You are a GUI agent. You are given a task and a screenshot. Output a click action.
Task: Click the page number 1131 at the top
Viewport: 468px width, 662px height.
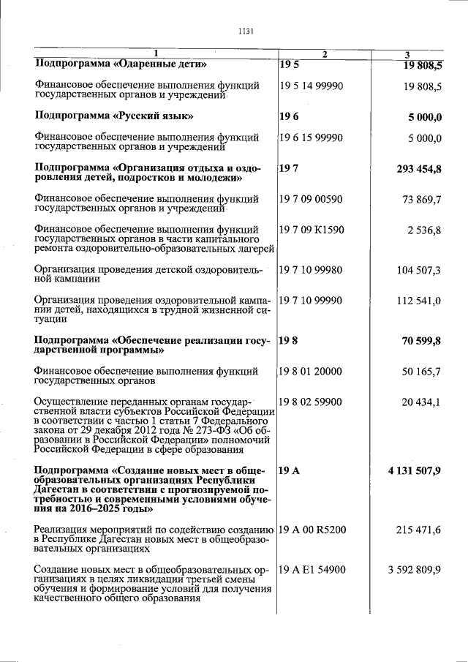(245, 31)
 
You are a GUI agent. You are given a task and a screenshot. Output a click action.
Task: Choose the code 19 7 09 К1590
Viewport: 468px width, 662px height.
(312, 230)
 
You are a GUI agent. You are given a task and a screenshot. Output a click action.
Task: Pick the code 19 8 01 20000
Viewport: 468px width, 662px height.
(311, 372)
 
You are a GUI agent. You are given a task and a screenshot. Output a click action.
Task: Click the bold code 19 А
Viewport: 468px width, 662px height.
(290, 470)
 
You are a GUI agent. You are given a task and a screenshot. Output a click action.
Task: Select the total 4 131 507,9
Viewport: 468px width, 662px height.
(415, 470)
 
